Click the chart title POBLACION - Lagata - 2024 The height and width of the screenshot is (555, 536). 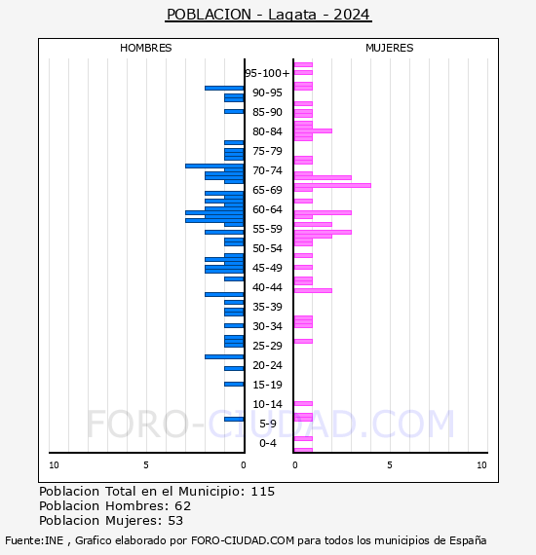[x=268, y=15]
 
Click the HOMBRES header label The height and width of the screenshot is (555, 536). [x=145, y=48]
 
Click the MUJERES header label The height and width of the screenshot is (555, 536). [x=389, y=48]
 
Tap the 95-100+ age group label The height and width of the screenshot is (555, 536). [x=267, y=73]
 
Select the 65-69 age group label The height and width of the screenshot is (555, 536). [x=267, y=190]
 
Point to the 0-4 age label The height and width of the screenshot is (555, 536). [x=267, y=443]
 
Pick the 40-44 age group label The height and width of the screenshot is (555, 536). [x=267, y=287]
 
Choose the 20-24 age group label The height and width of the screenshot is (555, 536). [x=267, y=365]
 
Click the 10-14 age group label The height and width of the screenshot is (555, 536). [x=267, y=404]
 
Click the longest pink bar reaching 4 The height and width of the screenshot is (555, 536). [x=331, y=185]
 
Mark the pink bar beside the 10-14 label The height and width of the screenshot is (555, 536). [x=303, y=403]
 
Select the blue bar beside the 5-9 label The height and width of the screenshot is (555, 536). [x=234, y=419]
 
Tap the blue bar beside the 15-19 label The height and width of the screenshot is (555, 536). [x=234, y=384]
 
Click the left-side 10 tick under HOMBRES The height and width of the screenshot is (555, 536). [x=54, y=465]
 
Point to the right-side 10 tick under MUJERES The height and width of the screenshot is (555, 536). [x=481, y=465]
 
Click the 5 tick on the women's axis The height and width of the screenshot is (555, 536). [x=389, y=465]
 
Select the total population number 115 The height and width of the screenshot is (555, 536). [x=262, y=492]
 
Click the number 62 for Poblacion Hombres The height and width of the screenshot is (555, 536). [x=182, y=506]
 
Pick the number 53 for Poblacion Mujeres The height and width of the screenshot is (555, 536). [x=175, y=521]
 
